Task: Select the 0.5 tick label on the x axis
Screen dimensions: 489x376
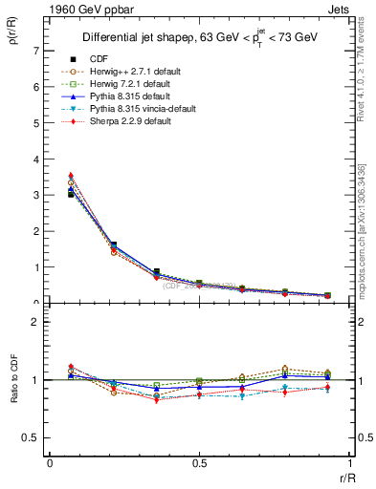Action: click(199, 463)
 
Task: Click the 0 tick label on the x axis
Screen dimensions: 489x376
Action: click(50, 463)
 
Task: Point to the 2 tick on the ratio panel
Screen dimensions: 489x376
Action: click(35, 322)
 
